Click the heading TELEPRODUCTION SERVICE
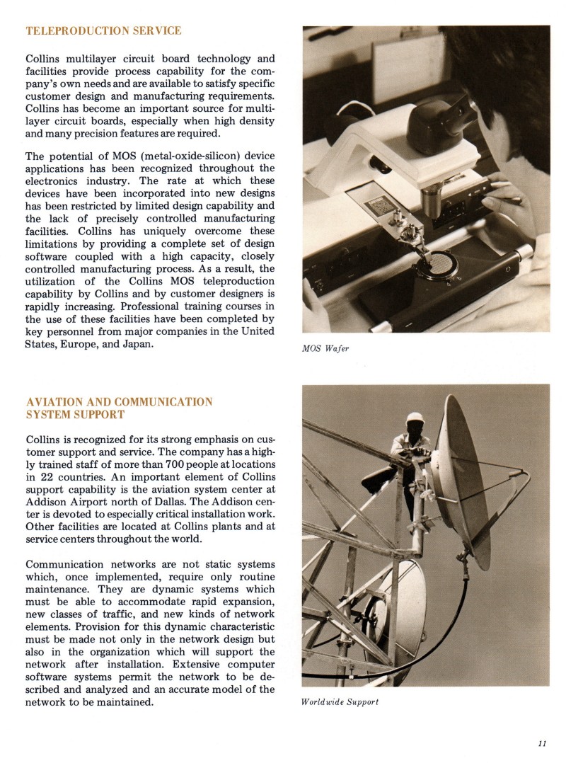point(103,31)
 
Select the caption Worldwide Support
point(340,702)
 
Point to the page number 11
point(542,743)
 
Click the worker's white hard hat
point(415,418)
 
